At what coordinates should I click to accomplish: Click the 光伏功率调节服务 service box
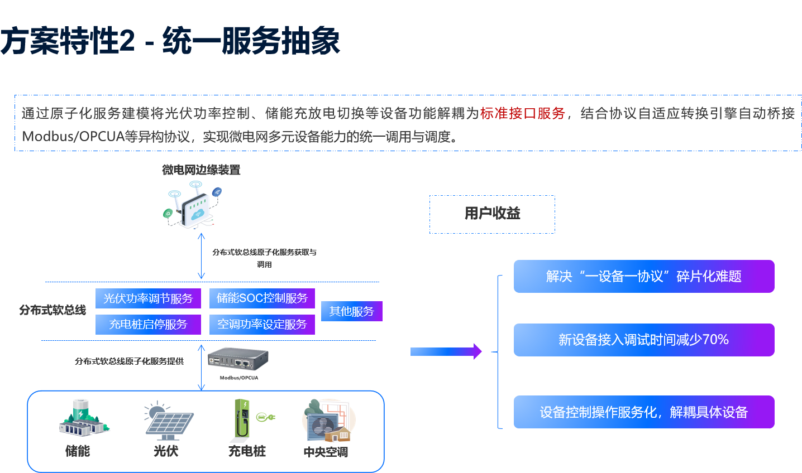148,298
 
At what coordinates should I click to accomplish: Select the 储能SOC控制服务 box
262,298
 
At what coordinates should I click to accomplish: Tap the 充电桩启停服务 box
148,324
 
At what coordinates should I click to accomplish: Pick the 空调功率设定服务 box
262,324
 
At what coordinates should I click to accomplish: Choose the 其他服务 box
351,311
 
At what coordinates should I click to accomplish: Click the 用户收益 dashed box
492,214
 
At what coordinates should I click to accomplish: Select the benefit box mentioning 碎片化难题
643,276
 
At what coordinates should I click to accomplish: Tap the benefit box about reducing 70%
643,340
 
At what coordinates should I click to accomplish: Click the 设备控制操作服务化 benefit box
643,412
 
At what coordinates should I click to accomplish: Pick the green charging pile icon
252,421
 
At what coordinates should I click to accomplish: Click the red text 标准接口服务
522,114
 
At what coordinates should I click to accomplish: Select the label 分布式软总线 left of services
52,310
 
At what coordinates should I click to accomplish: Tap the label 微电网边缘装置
201,170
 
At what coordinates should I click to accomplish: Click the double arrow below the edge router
201,256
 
